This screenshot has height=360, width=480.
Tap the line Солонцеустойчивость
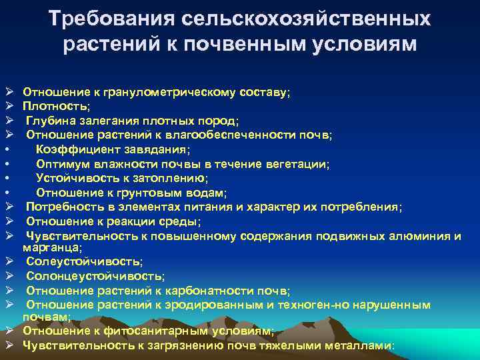click(95, 276)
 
